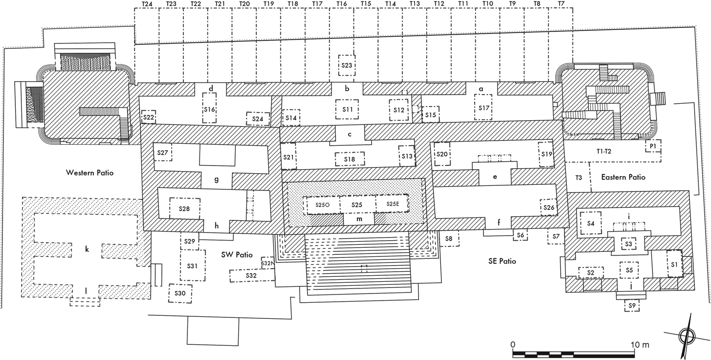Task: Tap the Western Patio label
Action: (90, 173)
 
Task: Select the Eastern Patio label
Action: (623, 177)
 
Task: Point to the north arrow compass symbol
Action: (686, 335)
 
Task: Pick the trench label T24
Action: (146, 4)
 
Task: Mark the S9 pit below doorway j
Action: (632, 306)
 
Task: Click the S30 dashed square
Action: (180, 293)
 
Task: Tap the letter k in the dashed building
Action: (87, 249)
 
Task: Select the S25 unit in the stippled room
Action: (357, 204)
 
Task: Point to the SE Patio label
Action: (500, 261)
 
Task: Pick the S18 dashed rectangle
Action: (349, 159)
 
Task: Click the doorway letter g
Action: (216, 179)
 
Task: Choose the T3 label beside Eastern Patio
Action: (578, 177)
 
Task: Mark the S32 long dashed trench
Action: (251, 275)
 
